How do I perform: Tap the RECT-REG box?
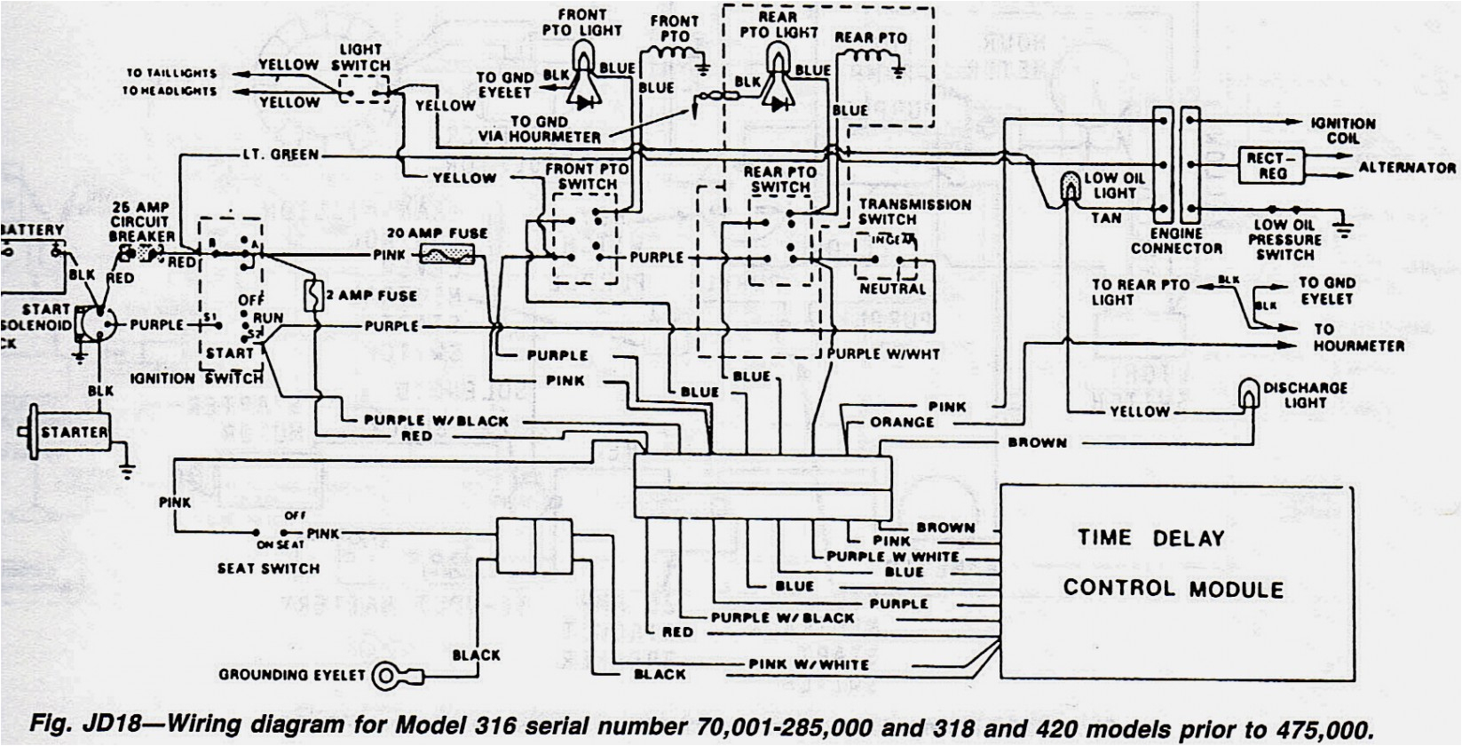point(1272,165)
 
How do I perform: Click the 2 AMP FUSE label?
point(373,295)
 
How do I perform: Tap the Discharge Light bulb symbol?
point(1250,393)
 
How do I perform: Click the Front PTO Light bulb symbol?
point(582,60)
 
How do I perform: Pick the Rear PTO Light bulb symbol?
point(778,60)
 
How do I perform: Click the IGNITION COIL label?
point(1343,131)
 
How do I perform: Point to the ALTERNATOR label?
point(1407,167)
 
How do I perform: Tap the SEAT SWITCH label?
point(268,568)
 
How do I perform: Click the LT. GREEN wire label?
point(281,155)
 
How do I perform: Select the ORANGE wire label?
point(902,423)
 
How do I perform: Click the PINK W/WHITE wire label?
point(809,664)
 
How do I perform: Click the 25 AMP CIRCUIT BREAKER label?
point(142,222)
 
